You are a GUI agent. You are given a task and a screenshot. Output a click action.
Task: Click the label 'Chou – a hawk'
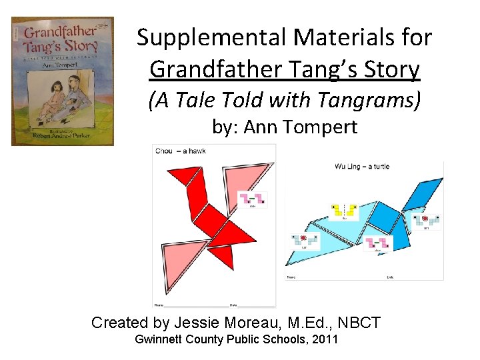(180, 151)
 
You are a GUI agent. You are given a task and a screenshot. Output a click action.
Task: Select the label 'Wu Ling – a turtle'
(362, 167)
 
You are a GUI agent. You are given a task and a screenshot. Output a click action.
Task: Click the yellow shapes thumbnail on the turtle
(345, 212)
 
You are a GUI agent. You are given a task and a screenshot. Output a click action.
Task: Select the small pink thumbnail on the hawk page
(253, 198)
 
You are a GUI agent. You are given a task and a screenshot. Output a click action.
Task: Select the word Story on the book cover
(81, 47)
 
